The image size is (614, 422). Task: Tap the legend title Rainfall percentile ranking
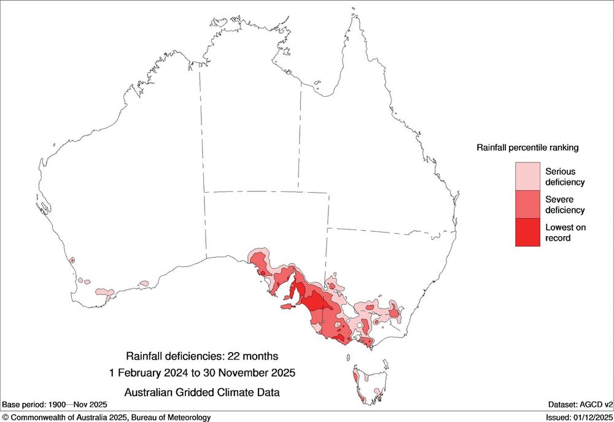point(527,148)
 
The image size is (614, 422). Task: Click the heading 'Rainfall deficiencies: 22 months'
point(202,356)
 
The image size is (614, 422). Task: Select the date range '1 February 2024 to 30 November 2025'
point(202,372)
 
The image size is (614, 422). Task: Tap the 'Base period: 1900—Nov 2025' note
point(55,405)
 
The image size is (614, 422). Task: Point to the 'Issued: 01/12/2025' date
point(579,417)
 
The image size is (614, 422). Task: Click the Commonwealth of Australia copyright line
point(106,417)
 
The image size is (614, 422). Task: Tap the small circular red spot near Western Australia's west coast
point(72,261)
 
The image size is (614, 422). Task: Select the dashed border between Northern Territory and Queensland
point(300,141)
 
